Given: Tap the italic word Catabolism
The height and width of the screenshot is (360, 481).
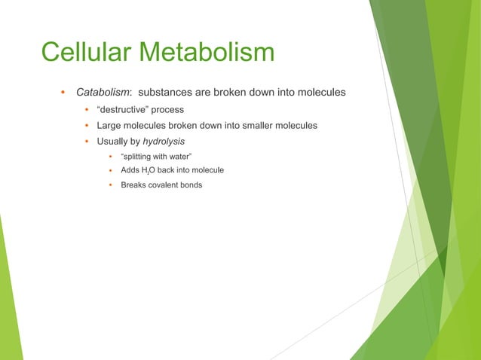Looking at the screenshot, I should tap(104, 93).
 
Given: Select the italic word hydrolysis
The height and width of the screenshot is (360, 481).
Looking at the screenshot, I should tap(164, 141).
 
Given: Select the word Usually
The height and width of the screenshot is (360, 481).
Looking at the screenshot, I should tap(112, 141).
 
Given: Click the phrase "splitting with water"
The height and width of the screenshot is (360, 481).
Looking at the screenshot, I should tap(156, 156).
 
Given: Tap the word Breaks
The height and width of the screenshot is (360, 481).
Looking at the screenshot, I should tap(134, 185).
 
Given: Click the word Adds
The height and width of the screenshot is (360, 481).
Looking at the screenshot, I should tap(130, 170).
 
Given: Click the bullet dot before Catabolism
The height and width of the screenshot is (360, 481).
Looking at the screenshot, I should tap(63, 93).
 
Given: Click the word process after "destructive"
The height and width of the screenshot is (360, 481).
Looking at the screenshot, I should tap(168, 109).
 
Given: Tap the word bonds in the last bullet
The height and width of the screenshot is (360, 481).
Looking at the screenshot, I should tap(191, 185).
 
